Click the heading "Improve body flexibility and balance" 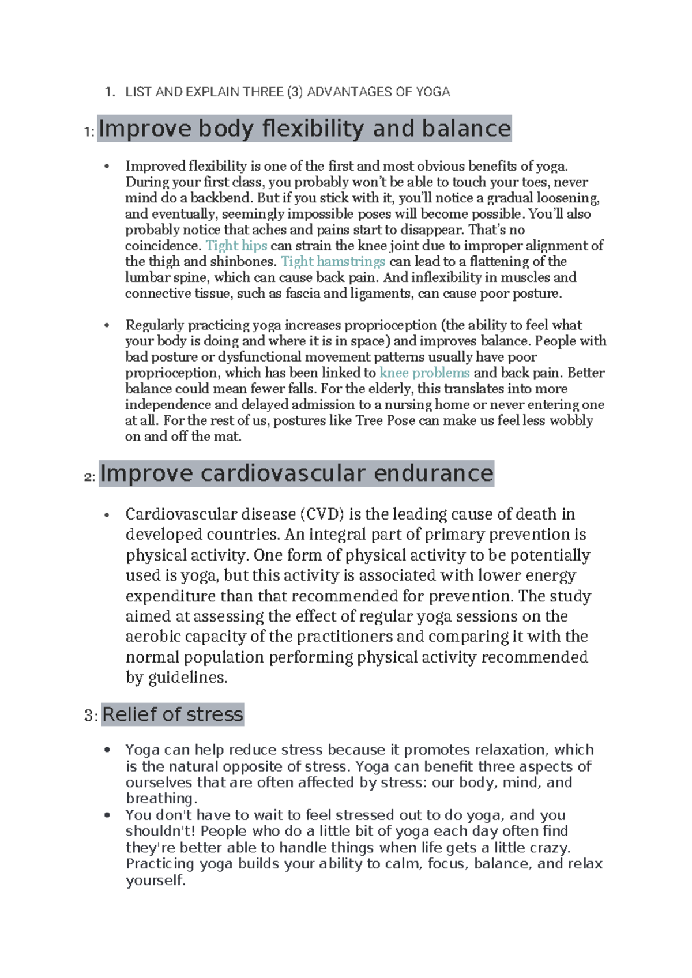(304, 129)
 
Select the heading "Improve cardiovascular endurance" (296, 473)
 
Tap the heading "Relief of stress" (172, 714)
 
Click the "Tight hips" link (236, 246)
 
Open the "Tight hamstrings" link (333, 262)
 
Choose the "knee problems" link (424, 373)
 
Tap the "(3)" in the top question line (294, 92)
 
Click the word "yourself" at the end (155, 881)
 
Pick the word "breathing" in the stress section (161, 798)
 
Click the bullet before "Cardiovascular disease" (107, 515)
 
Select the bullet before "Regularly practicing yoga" (107, 326)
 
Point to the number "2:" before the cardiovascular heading (89, 477)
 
